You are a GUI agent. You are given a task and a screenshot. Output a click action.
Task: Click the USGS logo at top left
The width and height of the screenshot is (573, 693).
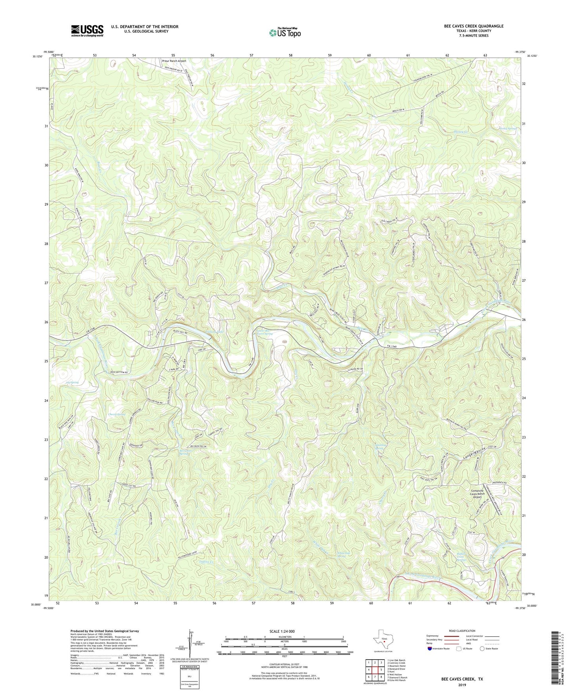87,31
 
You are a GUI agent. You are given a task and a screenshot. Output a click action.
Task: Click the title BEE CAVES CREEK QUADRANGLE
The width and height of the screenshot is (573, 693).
473,26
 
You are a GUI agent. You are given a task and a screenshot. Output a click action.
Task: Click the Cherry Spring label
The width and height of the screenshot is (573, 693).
117,414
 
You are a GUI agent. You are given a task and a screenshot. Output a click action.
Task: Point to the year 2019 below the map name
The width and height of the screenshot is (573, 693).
462,685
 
